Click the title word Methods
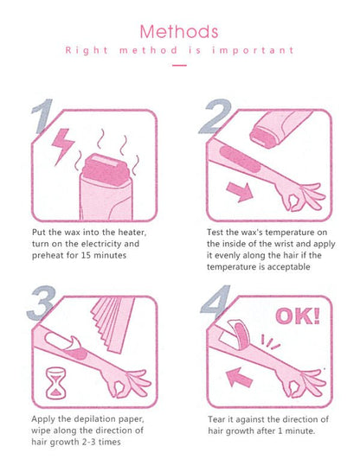click(179, 32)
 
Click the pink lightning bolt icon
click(64, 145)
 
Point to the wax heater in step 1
click(105, 185)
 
